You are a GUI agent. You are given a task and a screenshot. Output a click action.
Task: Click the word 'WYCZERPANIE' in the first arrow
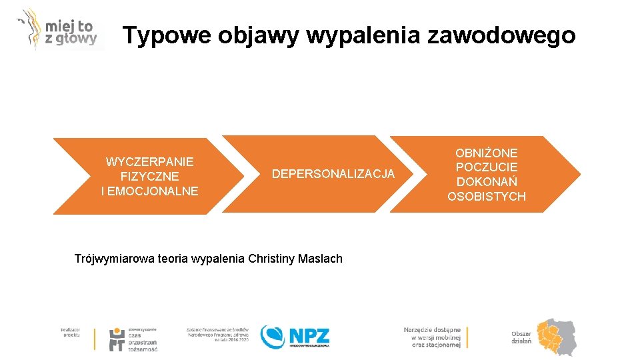149,162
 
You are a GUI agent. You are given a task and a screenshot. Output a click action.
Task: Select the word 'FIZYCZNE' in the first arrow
149,177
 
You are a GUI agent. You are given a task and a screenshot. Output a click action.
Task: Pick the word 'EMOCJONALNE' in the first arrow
153,191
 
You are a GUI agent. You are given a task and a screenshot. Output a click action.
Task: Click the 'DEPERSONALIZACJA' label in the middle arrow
333,174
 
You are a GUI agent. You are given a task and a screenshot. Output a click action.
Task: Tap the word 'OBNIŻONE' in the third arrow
487,153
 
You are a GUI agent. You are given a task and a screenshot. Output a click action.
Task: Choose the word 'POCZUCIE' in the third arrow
487,167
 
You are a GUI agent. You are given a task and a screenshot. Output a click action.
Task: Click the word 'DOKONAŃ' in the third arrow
487,182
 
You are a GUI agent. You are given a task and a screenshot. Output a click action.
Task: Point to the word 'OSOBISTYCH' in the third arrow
487,197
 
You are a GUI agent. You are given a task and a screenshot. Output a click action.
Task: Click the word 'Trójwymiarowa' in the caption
114,259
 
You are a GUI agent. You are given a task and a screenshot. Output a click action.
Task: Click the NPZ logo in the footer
295,336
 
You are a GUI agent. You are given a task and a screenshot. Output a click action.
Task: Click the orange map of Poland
557,336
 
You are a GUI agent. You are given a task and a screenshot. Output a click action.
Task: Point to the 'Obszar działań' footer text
521,337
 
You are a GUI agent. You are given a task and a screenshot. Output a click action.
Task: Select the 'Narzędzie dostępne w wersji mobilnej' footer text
432,337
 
